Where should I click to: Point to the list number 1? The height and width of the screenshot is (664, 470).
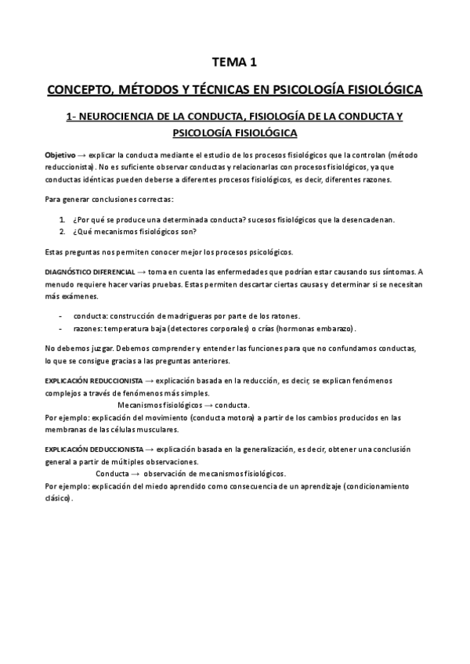(62, 220)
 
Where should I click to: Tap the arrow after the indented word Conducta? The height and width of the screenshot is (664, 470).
(136, 474)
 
